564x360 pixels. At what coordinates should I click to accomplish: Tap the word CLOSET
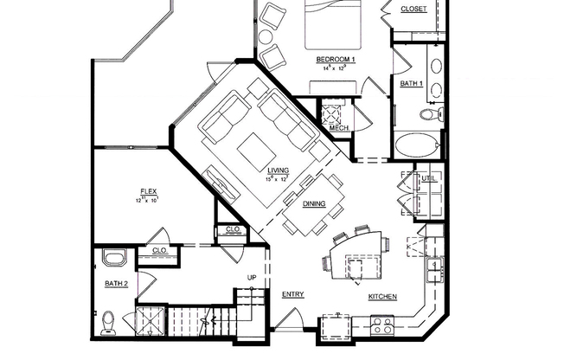pos(414,10)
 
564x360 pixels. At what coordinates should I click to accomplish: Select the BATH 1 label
pos(411,83)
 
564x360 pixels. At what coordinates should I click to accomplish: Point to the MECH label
pos(339,128)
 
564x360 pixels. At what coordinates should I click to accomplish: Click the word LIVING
pos(278,170)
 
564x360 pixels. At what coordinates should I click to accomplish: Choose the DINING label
pos(313,204)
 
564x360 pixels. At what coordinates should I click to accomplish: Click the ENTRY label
pos(292,294)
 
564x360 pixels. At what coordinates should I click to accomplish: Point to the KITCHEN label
pos(382,297)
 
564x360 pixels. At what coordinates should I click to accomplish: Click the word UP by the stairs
pos(253,277)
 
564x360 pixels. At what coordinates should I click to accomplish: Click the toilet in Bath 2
pos(106,322)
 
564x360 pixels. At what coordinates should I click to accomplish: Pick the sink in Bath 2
pos(114,258)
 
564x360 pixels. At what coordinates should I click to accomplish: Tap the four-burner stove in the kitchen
pos(381,326)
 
